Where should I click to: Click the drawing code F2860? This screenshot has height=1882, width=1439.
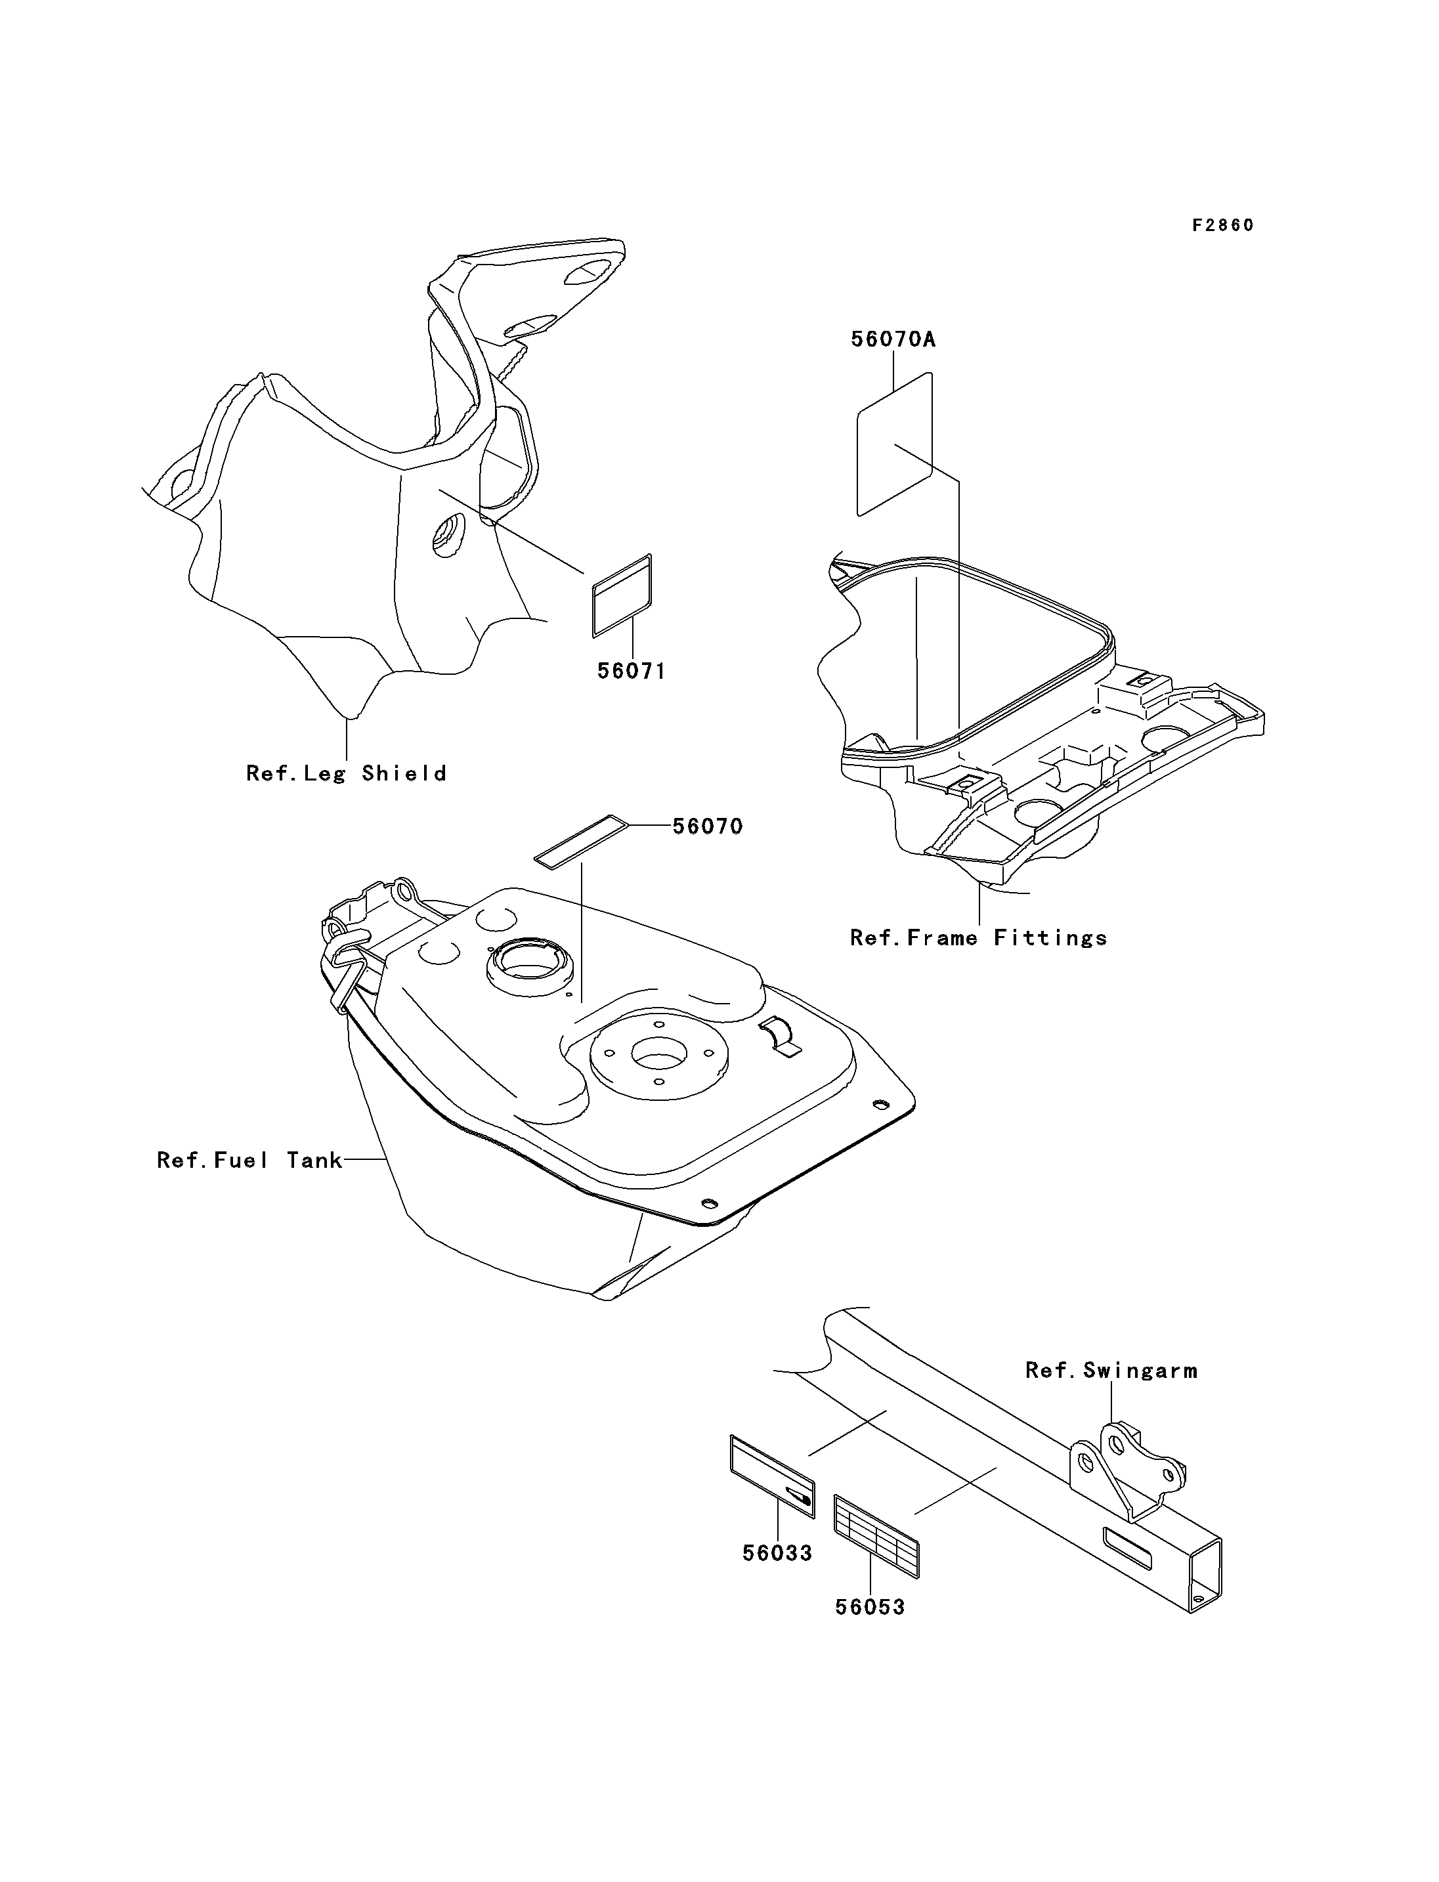point(1222,225)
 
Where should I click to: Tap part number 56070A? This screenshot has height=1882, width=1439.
point(893,339)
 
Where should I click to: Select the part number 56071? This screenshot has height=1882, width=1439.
point(632,671)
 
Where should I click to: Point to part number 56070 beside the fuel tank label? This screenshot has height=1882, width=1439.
point(708,826)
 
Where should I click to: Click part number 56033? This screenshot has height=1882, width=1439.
point(777,1553)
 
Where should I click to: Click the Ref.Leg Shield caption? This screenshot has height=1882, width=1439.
point(346,773)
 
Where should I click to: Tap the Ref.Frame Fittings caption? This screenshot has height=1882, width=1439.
point(978,938)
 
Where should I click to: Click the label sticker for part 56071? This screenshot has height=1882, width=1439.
point(622,595)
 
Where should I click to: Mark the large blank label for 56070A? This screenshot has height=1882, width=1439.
point(894,444)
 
